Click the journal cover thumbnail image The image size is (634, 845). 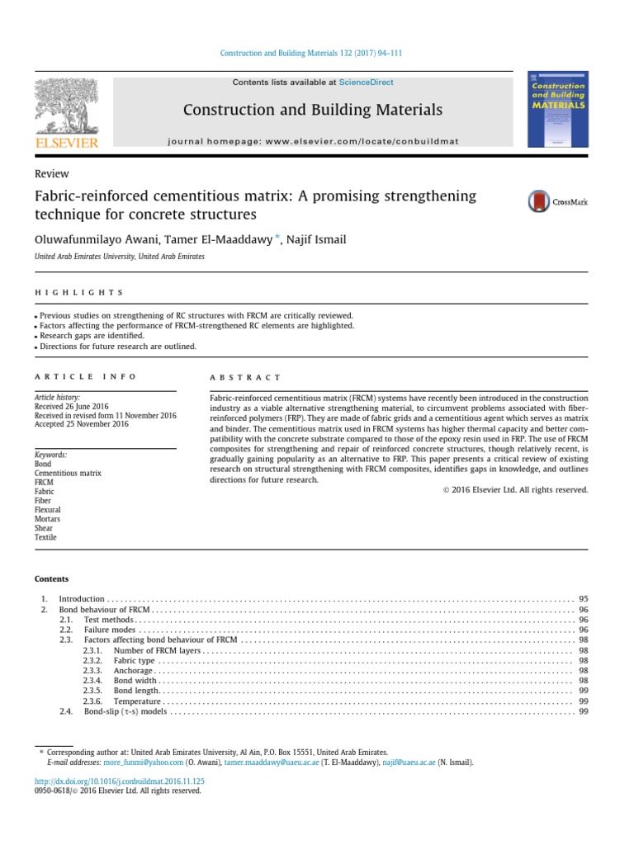tap(557, 110)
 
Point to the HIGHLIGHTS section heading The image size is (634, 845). tap(79, 292)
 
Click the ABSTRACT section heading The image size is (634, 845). tap(246, 377)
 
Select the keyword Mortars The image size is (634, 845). tap(47, 519)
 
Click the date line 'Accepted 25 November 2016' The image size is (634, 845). tap(82, 425)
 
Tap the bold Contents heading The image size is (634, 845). tap(52, 578)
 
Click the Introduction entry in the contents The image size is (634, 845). tap(82, 598)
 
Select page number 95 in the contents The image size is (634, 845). tap(583, 598)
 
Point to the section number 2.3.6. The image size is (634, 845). tap(92, 701)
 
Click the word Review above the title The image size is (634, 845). tap(51, 174)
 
